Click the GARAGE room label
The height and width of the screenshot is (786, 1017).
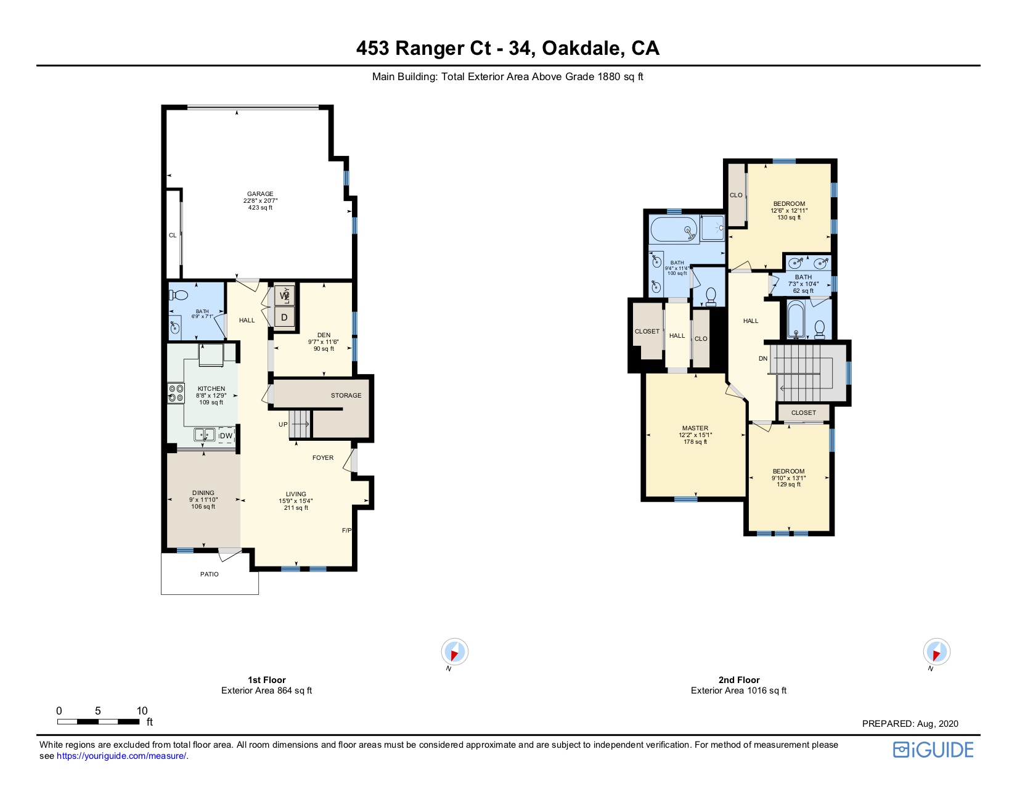point(260,194)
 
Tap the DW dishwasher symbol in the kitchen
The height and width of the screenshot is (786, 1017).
point(226,435)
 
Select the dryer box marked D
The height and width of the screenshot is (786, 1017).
point(284,317)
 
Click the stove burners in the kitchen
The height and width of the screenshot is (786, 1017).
point(176,393)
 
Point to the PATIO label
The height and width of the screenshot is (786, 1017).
point(209,574)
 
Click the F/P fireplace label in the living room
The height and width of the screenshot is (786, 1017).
point(347,530)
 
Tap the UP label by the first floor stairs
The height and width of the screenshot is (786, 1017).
point(283,425)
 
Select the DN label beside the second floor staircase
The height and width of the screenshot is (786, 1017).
point(763,359)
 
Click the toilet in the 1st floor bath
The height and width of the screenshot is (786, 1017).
point(178,295)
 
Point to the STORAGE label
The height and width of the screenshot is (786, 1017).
point(346,396)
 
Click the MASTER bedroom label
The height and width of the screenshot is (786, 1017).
point(695,428)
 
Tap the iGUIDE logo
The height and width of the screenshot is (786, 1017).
point(933,750)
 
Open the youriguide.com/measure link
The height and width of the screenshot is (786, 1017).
point(121,756)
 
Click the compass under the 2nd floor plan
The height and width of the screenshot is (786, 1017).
point(936,652)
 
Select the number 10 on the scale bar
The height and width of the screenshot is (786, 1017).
point(142,711)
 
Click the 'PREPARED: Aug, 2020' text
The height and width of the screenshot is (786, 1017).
point(910,724)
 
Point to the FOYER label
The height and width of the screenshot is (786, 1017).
point(323,458)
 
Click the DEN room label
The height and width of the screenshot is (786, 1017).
point(324,335)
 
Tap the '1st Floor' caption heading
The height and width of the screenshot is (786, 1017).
point(267,680)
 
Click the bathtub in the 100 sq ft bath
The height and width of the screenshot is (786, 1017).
point(674,229)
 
